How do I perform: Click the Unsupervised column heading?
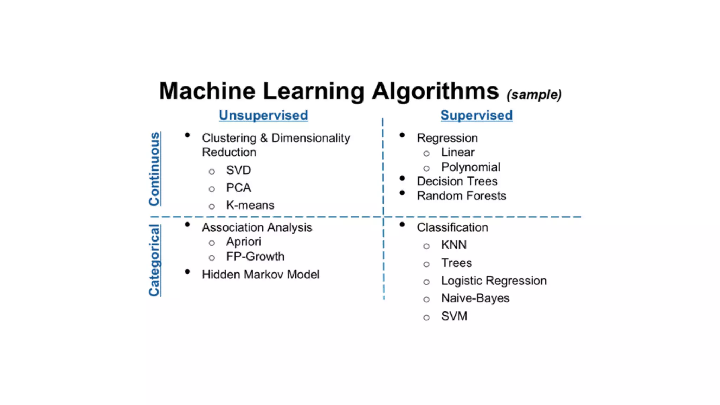pyautogui.click(x=263, y=115)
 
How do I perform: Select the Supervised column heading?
pyautogui.click(x=476, y=115)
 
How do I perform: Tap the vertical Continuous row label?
pyautogui.click(x=154, y=169)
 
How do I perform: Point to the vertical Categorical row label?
pyautogui.click(x=154, y=261)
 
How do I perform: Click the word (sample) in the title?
pyautogui.click(x=534, y=95)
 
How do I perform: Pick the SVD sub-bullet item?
pyautogui.click(x=238, y=171)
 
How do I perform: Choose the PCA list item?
pyautogui.click(x=238, y=188)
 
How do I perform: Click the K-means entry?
pyautogui.click(x=250, y=205)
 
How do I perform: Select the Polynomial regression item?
pyautogui.click(x=470, y=167)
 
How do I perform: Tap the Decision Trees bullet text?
pyautogui.click(x=457, y=181)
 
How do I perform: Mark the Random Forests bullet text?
pyautogui.click(x=461, y=196)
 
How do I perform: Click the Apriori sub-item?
pyautogui.click(x=243, y=242)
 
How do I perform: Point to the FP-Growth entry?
pyautogui.click(x=255, y=257)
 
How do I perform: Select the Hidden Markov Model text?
pyautogui.click(x=261, y=275)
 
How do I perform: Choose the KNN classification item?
pyautogui.click(x=454, y=245)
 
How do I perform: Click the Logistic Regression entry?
pyautogui.click(x=494, y=281)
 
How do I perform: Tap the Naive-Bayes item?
pyautogui.click(x=475, y=298)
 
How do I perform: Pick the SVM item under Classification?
pyautogui.click(x=454, y=316)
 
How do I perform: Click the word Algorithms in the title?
pyautogui.click(x=435, y=91)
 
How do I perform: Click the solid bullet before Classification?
pyautogui.click(x=402, y=225)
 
